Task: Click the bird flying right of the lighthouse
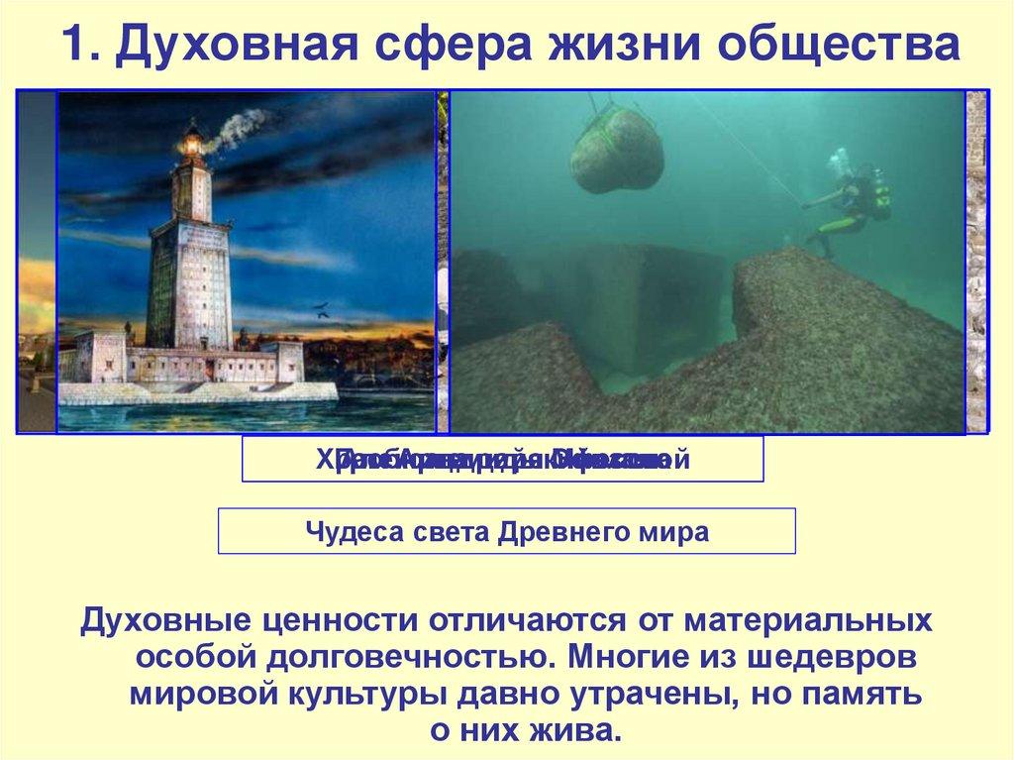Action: click(323, 310)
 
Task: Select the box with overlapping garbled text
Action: click(503, 460)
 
